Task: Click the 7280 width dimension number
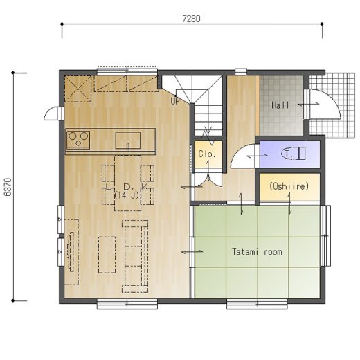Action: coord(191,19)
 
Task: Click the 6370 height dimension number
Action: coord(8,187)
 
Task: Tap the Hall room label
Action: coord(280,105)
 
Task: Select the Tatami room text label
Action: coord(257,251)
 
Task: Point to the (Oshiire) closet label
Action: coord(289,186)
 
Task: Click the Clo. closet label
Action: coord(207,154)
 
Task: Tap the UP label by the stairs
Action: coord(174,101)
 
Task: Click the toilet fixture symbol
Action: coord(293,154)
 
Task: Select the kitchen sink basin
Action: coord(128,141)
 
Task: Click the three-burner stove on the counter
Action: coord(78,139)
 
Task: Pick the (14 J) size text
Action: coord(127,196)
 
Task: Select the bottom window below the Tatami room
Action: coord(257,304)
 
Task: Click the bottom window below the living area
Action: coord(127,304)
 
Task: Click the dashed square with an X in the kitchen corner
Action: coord(78,89)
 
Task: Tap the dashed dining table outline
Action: coord(127,183)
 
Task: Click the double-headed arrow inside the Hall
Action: coord(309,105)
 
